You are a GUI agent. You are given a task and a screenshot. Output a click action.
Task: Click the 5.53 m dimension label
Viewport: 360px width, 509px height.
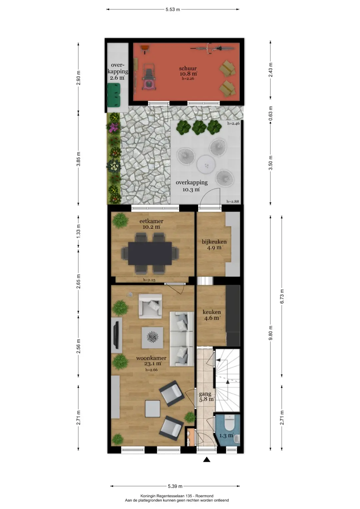tap(173, 10)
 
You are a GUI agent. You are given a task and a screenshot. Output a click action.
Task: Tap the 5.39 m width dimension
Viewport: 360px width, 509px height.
tap(175, 486)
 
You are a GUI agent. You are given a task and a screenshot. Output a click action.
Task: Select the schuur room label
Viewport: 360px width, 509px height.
tap(188, 68)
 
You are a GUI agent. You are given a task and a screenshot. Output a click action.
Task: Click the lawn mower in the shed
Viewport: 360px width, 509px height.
tap(149, 77)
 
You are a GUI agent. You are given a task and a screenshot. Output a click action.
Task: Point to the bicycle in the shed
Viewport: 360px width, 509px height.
tap(213, 48)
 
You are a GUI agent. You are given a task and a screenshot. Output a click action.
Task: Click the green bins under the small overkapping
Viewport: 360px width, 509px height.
tap(114, 95)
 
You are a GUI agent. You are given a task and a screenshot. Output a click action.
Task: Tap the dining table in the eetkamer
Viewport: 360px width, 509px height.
tap(150, 253)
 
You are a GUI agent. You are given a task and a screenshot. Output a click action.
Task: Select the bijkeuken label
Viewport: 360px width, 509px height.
tap(214, 242)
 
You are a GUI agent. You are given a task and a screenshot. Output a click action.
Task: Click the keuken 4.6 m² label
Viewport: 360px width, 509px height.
tap(212, 315)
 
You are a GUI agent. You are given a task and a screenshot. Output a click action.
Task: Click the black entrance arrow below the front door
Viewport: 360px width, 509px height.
tap(207, 460)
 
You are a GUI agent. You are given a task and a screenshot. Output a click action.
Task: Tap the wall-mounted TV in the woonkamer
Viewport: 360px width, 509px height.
tap(117, 335)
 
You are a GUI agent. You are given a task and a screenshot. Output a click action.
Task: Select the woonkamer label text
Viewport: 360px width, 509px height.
tap(151, 358)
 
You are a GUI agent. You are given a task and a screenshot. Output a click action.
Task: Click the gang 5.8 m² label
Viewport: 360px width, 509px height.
tap(206, 396)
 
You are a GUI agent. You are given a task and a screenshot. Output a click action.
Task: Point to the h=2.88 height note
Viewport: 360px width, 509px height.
tap(233, 201)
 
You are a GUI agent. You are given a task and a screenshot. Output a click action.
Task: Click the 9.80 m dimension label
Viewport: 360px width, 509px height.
tap(270, 333)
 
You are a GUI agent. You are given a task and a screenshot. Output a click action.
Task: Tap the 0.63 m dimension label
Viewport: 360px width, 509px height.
tap(270, 113)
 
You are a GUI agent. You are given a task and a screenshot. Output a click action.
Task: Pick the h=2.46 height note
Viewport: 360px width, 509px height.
tap(233, 124)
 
